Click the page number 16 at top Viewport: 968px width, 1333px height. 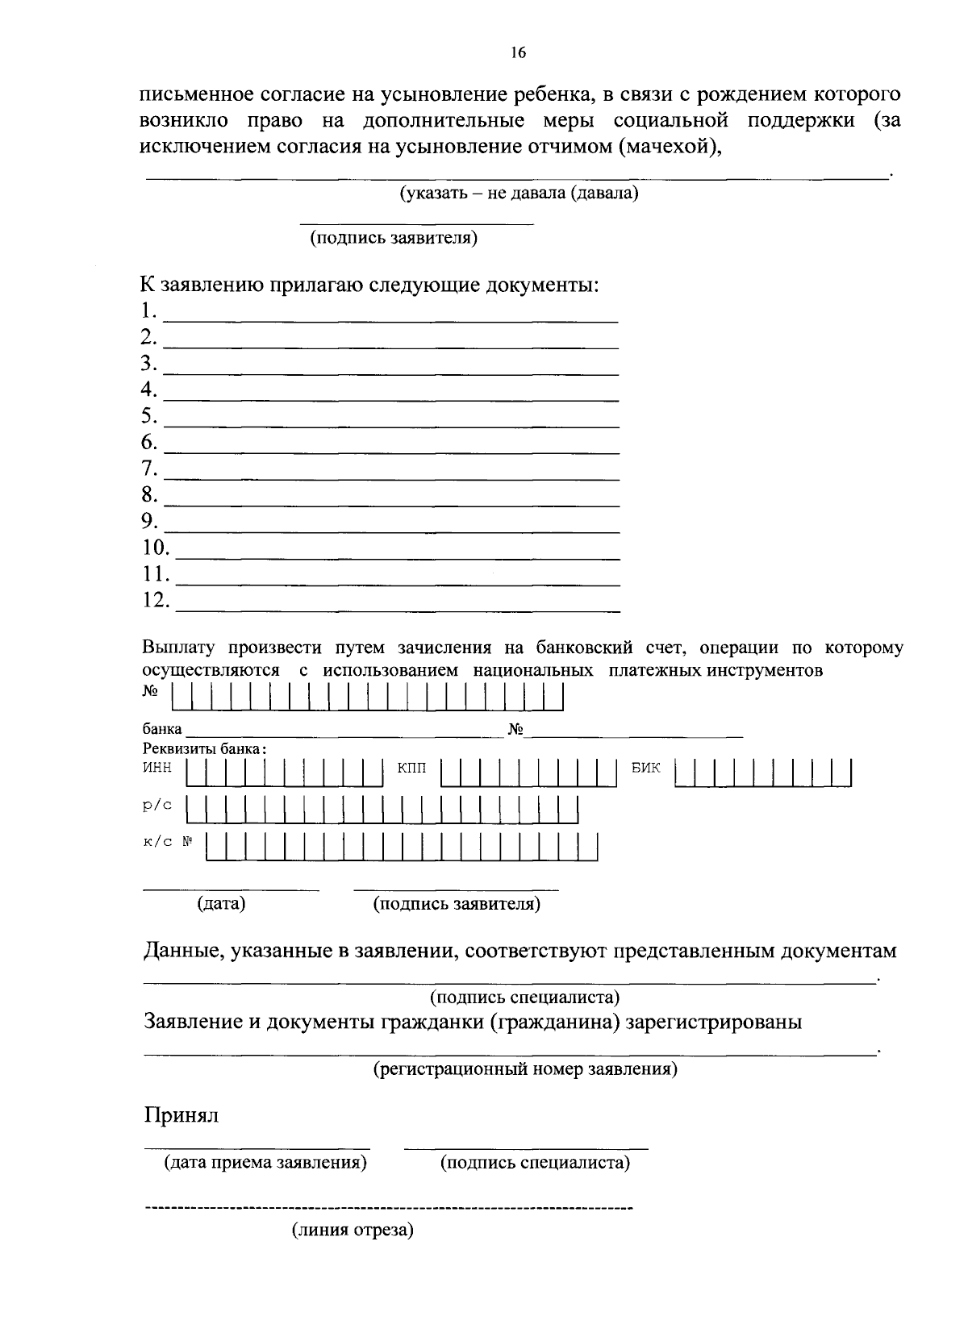coord(518,53)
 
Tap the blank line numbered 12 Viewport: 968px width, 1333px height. coord(397,610)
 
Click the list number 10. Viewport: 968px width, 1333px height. coord(156,548)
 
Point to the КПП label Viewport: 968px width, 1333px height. coord(411,768)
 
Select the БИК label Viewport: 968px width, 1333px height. coord(646,768)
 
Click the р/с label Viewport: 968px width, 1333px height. coord(157,806)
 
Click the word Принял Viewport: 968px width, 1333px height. coord(181,1116)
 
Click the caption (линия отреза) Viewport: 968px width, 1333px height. coord(353,1231)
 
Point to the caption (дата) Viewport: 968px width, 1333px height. coord(221,904)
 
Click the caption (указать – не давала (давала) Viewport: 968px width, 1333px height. coord(519,194)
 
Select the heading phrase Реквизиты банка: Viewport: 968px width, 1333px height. coord(205,748)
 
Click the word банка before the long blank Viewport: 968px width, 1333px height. coord(162,730)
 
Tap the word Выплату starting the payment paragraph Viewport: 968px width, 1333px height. coord(180,648)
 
